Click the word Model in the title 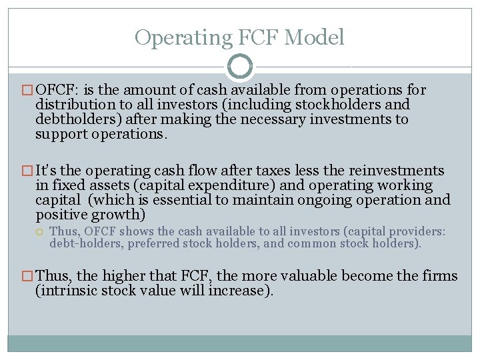[x=315, y=37]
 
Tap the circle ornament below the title [x=239, y=67]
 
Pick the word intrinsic [x=69, y=291]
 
